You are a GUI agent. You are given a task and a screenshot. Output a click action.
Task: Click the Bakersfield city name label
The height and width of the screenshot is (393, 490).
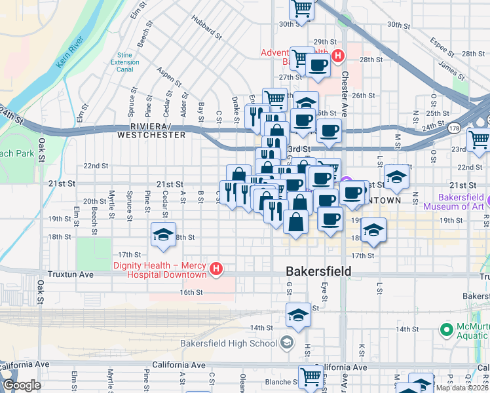(x=318, y=271)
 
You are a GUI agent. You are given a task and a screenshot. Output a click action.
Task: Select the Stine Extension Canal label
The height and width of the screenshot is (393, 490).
(x=124, y=63)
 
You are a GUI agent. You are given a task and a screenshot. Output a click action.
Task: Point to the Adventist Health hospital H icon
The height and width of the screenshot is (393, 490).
(x=337, y=56)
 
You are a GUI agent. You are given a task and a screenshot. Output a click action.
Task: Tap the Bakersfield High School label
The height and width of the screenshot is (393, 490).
(x=229, y=343)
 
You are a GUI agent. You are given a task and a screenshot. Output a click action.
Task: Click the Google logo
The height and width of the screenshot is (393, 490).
(x=22, y=385)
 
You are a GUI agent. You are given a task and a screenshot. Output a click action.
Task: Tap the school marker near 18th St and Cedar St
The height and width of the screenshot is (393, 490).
(x=163, y=234)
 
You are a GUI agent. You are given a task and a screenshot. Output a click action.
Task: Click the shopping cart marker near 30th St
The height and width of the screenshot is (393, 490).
(x=301, y=9)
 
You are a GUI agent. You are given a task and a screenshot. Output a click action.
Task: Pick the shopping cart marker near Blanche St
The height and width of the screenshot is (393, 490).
(x=310, y=376)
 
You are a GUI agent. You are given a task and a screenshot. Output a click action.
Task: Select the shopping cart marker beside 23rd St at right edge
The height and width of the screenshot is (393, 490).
(x=478, y=138)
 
